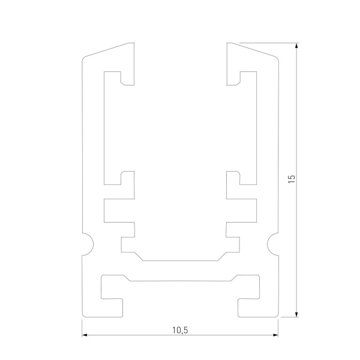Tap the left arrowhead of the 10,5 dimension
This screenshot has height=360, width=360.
(x=85, y=335)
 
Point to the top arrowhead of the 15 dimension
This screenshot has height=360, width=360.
(x=296, y=46)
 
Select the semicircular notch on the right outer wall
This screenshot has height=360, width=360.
(x=275, y=243)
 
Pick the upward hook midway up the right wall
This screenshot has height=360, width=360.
(x=233, y=178)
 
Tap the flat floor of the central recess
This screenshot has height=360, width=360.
(x=180, y=261)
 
